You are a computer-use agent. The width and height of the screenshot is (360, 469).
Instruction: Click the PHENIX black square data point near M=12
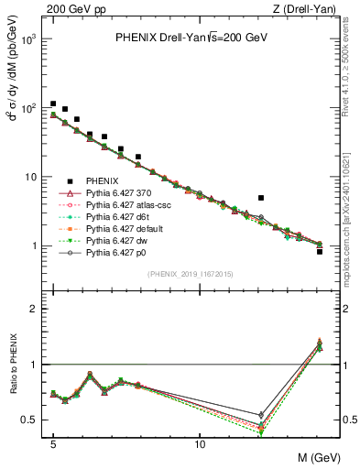(261, 198)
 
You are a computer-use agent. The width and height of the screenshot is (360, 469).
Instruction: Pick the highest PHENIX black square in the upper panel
(53, 104)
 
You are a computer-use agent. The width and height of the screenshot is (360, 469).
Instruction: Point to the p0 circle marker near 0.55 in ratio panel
(261, 415)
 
